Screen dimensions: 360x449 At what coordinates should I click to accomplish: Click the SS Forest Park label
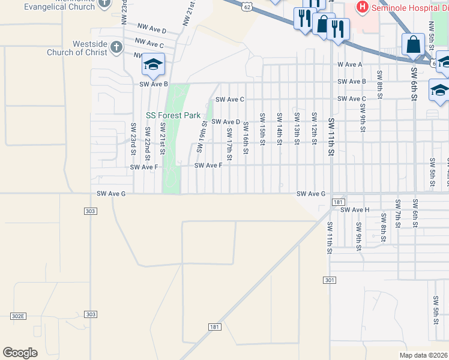point(173,115)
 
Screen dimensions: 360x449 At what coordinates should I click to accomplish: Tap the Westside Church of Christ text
point(89,48)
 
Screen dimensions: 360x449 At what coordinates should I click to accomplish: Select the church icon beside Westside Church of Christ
point(116,47)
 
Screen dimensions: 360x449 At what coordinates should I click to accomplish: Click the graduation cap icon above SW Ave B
point(153,64)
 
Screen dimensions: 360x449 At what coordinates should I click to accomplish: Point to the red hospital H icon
point(363,7)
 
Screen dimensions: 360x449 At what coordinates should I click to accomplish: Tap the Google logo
point(20,353)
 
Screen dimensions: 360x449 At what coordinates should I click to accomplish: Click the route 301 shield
point(329,280)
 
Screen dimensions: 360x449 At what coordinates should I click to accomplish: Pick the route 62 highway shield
point(248,5)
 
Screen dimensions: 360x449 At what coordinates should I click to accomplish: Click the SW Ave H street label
point(355,210)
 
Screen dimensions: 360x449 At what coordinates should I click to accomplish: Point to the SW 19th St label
point(204,137)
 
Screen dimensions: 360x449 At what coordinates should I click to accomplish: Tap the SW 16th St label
point(246,138)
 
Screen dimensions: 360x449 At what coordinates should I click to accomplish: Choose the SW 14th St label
point(279,128)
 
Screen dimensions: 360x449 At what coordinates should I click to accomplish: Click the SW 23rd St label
point(133,139)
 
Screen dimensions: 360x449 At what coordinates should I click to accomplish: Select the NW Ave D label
point(151,28)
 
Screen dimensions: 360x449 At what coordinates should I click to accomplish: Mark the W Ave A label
point(350,64)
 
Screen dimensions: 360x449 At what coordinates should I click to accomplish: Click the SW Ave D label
point(226,122)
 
